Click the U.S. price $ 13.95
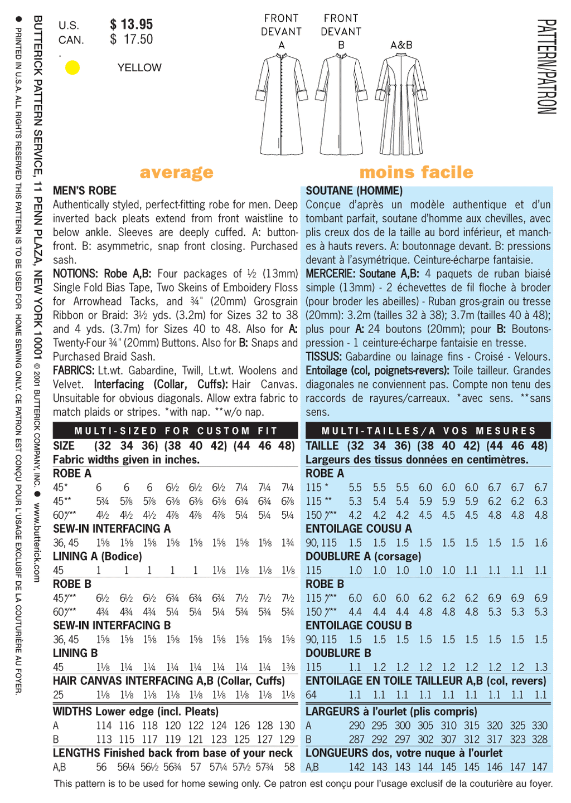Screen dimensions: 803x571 131,25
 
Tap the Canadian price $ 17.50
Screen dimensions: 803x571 131,40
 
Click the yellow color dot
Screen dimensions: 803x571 72,67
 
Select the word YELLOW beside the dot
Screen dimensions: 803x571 139,68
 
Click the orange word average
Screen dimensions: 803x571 176,172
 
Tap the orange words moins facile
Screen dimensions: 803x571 416,172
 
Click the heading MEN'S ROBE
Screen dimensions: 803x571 85,191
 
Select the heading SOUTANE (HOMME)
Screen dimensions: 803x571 354,191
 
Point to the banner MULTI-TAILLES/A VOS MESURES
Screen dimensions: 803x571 428,431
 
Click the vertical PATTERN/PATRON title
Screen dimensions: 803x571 547,67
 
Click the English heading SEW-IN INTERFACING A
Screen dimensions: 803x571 112,529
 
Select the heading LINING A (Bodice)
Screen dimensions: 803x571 98,556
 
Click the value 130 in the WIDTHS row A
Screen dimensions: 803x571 287,726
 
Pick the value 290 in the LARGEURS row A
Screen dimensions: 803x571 357,726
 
